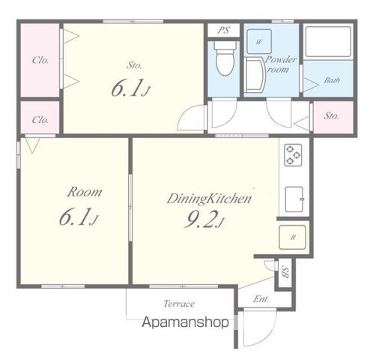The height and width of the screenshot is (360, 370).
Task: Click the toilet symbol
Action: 225,58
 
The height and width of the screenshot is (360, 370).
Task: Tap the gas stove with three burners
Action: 293,155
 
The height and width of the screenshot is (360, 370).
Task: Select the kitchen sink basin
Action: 294,199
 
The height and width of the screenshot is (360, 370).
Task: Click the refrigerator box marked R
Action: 292,237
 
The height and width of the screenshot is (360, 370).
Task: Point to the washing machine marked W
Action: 259,41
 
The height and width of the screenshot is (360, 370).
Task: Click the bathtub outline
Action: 328,41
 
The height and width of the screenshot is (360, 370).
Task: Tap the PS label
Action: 223,30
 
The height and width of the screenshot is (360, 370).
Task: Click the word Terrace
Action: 179,304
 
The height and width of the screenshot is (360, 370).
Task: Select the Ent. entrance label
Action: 261,298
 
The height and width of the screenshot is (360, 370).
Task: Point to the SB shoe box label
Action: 285,272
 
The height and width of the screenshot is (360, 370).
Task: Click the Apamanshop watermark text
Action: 185,322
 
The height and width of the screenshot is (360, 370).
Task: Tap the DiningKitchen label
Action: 209,199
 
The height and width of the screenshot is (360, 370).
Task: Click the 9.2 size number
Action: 201,220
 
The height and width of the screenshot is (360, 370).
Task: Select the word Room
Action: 85,192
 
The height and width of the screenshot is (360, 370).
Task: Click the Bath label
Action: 332,80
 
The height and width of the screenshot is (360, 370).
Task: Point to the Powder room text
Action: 280,64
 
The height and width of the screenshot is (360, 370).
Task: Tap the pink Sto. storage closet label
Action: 331,115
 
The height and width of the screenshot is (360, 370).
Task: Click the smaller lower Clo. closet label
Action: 40,120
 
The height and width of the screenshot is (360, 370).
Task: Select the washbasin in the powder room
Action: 255,75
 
